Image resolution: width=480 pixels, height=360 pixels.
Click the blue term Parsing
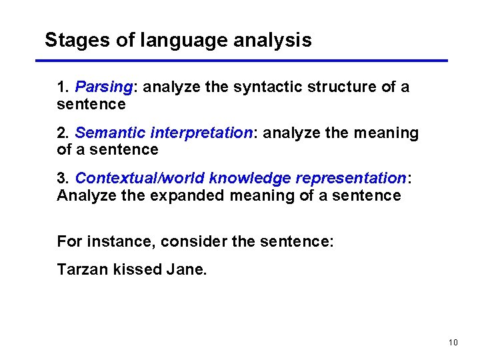104,87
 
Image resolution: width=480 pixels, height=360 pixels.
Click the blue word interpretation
202,133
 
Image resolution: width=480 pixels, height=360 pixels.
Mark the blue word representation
351,179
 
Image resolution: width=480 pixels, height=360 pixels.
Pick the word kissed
135,270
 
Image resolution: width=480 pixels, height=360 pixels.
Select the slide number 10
453,343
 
